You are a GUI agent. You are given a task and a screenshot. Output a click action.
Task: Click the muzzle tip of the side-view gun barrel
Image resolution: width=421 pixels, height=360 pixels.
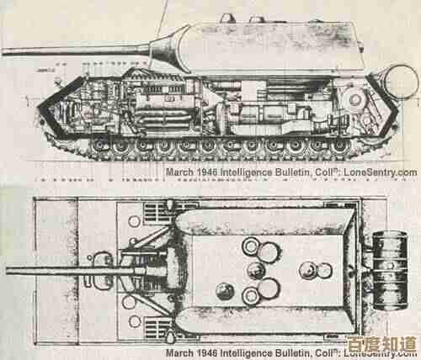tap(3, 51)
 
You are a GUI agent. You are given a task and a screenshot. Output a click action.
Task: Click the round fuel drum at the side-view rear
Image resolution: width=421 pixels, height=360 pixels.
tap(402, 82)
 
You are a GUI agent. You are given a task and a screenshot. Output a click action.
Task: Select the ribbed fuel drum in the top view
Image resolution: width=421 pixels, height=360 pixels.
tap(390, 271)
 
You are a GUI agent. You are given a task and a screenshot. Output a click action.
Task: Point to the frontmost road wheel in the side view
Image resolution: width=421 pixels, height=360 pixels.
tap(99, 146)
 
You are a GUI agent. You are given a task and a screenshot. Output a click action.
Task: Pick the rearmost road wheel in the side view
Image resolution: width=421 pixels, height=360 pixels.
tap(340, 146)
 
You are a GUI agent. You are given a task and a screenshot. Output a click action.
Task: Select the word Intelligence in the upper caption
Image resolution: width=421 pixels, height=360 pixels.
tap(246, 172)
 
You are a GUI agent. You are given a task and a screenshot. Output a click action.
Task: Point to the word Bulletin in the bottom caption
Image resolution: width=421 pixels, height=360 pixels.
tap(292, 353)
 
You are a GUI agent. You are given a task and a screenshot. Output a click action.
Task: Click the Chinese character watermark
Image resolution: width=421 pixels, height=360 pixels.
tap(381, 344)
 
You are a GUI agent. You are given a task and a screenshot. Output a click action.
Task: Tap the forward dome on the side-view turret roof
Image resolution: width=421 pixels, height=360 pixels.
tap(227, 18)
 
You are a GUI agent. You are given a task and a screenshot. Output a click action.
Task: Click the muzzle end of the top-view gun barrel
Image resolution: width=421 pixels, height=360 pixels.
tap(8, 271)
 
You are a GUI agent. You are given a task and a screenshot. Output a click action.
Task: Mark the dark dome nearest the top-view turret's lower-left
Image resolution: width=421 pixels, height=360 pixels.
tap(225, 291)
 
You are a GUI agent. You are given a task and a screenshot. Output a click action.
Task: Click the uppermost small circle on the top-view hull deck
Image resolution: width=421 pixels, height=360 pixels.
tap(134, 221)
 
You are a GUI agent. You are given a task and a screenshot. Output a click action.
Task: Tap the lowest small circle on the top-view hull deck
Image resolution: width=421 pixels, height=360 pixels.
tap(135, 321)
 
